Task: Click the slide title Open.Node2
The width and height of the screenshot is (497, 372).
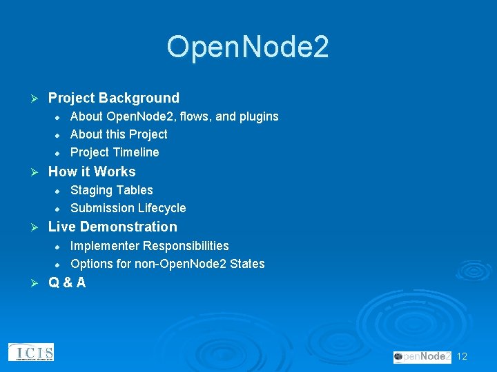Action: (248, 47)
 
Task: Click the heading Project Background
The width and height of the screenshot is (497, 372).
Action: (113, 98)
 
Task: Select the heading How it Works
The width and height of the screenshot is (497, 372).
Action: (92, 172)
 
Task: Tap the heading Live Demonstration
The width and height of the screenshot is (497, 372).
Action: (113, 227)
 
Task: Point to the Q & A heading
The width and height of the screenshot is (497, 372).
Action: (67, 282)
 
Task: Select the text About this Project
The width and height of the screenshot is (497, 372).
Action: (119, 134)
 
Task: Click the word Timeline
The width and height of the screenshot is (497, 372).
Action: (136, 152)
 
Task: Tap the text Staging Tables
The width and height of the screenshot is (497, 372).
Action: (112, 190)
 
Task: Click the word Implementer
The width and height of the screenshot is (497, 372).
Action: (104, 246)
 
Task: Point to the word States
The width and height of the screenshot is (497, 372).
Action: (247, 264)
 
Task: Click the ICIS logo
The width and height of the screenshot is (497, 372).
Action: (31, 352)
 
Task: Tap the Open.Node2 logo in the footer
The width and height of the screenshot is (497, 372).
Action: (422, 356)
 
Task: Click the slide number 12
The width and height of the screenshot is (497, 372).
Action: (462, 356)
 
